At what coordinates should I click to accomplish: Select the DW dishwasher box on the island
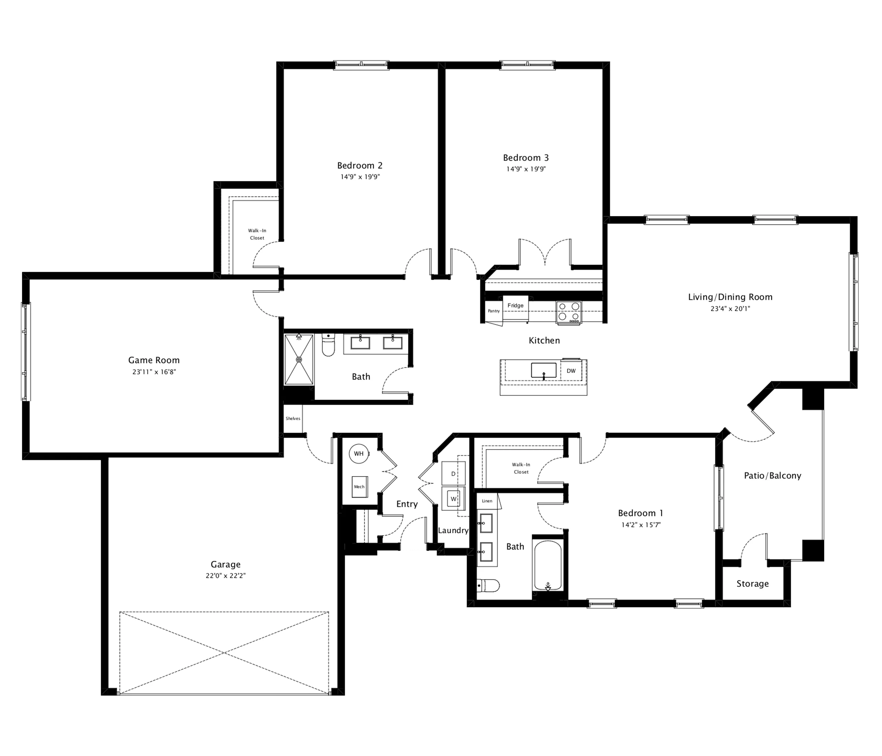(571, 371)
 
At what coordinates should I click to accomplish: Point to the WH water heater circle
(359, 453)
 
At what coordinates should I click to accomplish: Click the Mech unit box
(359, 487)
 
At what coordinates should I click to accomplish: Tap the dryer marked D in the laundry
(453, 473)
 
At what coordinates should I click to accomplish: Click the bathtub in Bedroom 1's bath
(548, 566)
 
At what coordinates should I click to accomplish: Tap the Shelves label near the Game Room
(293, 419)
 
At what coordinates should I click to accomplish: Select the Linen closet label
(487, 501)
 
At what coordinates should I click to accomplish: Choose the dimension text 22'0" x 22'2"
(225, 576)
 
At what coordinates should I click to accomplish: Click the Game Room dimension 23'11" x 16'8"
(154, 371)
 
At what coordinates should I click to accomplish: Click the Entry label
(407, 504)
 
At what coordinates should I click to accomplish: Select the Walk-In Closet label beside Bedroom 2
(257, 234)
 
